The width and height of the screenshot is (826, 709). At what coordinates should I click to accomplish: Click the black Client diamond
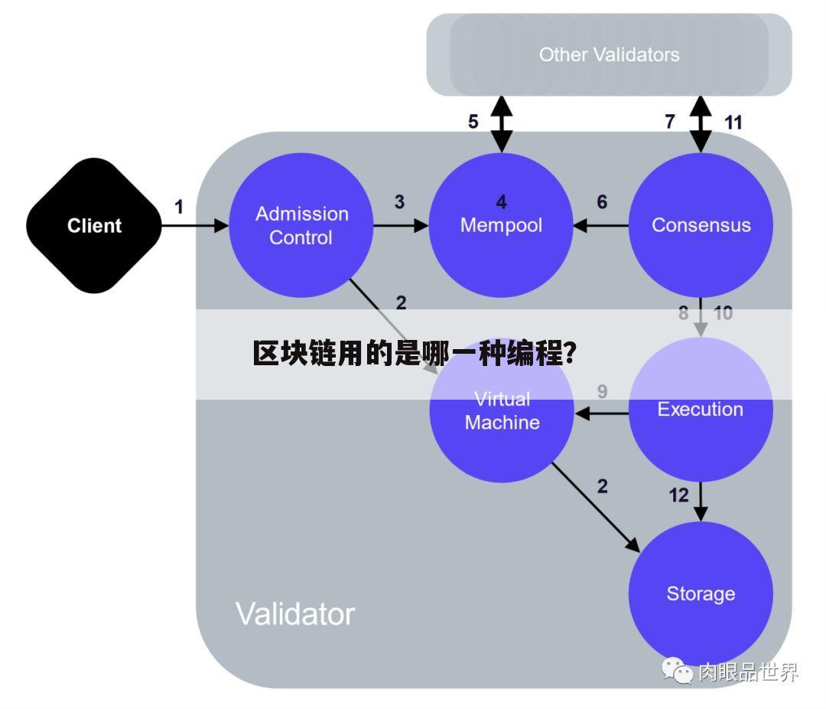[94, 226]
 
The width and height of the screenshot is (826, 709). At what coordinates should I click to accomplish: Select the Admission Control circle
[301, 226]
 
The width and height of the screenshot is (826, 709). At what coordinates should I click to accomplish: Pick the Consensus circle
[701, 226]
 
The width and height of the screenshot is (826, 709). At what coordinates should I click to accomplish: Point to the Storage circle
[701, 593]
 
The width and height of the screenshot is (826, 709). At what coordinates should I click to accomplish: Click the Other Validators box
[609, 55]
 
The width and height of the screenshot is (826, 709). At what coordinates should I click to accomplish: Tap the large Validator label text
[294, 614]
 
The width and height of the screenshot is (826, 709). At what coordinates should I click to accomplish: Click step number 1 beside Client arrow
[179, 207]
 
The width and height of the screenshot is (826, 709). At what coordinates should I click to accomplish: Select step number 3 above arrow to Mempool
[399, 202]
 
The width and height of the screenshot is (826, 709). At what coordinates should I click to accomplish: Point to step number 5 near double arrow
[473, 121]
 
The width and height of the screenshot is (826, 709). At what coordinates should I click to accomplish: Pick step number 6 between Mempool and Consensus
[602, 202]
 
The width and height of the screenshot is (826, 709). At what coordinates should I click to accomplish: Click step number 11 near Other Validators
[733, 121]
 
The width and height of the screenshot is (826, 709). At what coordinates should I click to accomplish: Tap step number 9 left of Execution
[603, 391]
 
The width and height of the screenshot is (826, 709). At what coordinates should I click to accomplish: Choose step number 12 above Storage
[679, 495]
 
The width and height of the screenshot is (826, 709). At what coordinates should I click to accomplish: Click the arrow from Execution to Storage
[701, 503]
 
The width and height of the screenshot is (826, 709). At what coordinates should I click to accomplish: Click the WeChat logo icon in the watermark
[677, 671]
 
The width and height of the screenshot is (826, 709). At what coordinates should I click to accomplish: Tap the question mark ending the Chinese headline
[571, 354]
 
